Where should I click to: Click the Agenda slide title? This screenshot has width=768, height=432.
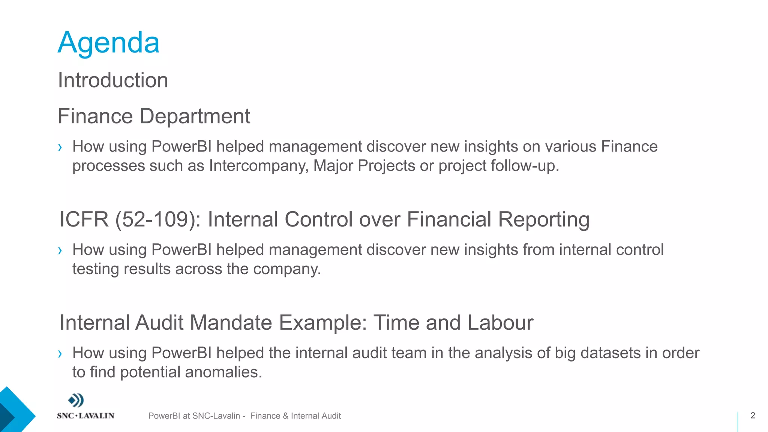point(109,43)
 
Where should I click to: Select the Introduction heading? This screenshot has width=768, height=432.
point(113,80)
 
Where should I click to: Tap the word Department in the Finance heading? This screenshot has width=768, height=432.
point(195,116)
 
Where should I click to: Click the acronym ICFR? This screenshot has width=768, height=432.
point(84,219)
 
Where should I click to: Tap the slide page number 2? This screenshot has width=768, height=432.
point(753,415)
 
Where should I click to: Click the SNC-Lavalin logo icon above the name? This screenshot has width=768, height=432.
point(76,400)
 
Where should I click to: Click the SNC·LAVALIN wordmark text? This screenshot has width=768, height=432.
point(85,416)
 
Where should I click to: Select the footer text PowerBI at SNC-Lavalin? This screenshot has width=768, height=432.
point(194,416)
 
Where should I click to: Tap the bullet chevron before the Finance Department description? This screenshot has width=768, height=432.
point(60,147)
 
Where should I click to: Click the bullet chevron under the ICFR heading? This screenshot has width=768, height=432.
point(60,250)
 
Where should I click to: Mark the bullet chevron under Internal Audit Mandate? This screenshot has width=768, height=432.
point(60,354)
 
